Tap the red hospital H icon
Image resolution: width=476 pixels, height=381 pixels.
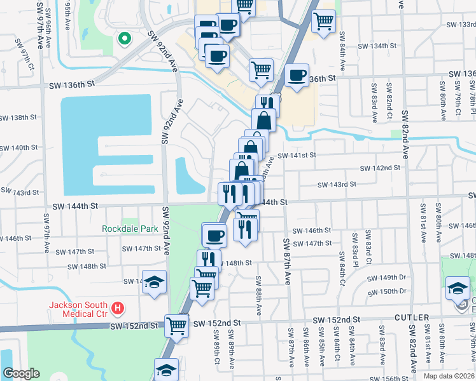(x=117, y=309)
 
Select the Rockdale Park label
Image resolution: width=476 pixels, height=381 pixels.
(x=130, y=228)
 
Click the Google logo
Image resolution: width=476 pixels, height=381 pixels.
(x=22, y=373)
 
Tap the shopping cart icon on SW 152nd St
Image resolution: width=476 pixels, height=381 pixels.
(x=176, y=325)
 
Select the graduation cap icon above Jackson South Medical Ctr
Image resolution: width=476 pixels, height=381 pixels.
(x=153, y=283)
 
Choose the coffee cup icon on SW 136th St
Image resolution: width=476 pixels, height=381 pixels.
(x=297, y=75)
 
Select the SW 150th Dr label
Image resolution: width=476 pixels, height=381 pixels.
(x=389, y=291)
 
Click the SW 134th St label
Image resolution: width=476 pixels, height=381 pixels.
(x=377, y=46)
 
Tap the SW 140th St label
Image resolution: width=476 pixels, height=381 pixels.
(x=19, y=147)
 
